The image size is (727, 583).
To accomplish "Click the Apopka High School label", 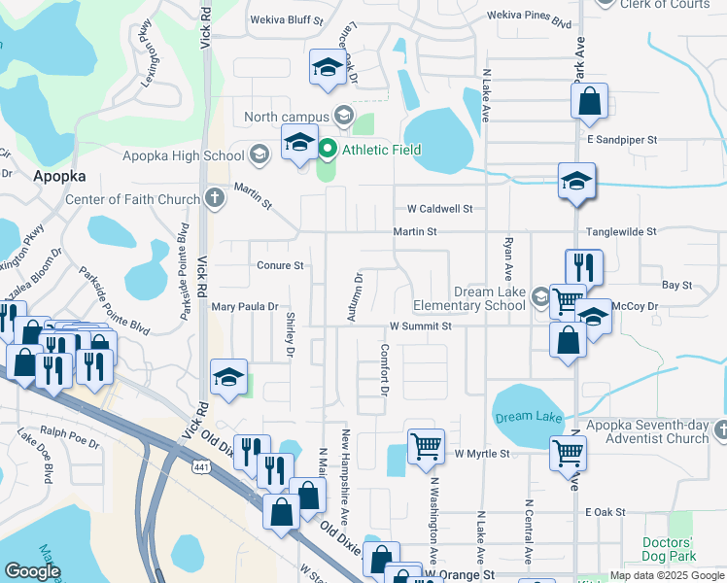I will [183, 155].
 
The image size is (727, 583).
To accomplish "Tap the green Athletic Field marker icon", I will [328, 150].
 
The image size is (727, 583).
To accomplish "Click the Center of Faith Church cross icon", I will [215, 199].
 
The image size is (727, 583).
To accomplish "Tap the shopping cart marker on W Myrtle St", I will [426, 449].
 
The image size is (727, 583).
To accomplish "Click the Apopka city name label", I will [60, 177].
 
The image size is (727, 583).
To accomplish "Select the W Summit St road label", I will [421, 326].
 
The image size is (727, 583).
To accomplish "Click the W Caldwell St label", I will [439, 208].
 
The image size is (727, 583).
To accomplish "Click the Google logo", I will [33, 571].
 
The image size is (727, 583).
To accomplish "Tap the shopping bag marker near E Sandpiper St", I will [589, 101].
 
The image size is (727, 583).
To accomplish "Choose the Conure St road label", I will [281, 264].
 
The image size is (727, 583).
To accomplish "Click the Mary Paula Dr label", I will [244, 307].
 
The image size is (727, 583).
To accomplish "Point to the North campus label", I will [287, 118].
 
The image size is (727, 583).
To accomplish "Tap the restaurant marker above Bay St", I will [584, 266].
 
